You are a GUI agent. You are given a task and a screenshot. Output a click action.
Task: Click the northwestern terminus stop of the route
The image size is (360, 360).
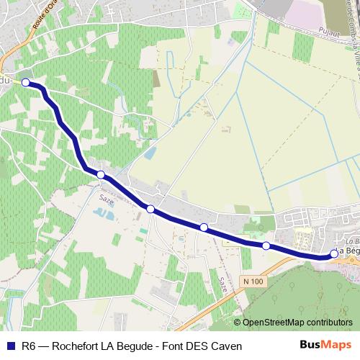pyautogui.click(x=26, y=83)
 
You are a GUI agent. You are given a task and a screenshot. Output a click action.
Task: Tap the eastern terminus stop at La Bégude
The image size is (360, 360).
pyautogui.click(x=334, y=253)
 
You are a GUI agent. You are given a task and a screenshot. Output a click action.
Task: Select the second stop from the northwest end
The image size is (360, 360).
pyautogui.click(x=101, y=175)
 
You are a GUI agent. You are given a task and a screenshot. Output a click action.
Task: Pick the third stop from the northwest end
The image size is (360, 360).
pyautogui.click(x=150, y=209)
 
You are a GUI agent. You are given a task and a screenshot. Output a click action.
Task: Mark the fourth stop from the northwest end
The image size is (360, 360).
pyautogui.click(x=204, y=228)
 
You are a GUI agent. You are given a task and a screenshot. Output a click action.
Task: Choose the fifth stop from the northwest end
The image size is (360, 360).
pyautogui.click(x=266, y=246)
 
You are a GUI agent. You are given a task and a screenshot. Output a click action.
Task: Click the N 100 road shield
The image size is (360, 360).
pyautogui.click(x=253, y=281)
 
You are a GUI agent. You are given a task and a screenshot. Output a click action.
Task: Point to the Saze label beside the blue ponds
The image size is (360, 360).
pyautogui.click(x=105, y=195)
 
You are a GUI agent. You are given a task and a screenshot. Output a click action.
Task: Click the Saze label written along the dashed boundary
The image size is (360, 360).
pyautogui.click(x=223, y=286)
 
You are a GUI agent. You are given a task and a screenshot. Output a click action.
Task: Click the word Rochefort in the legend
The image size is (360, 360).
pyautogui.click(x=76, y=346)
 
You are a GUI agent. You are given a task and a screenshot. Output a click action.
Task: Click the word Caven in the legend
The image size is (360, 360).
pyautogui.click(x=225, y=346)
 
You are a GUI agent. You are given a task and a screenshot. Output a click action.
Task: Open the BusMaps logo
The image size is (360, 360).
pyautogui.click(x=326, y=346)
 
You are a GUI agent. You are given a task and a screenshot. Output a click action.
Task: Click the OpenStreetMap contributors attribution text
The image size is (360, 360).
pyautogui.click(x=298, y=323)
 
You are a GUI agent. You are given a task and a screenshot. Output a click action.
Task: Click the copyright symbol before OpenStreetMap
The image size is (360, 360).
pyautogui.click(x=238, y=323)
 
